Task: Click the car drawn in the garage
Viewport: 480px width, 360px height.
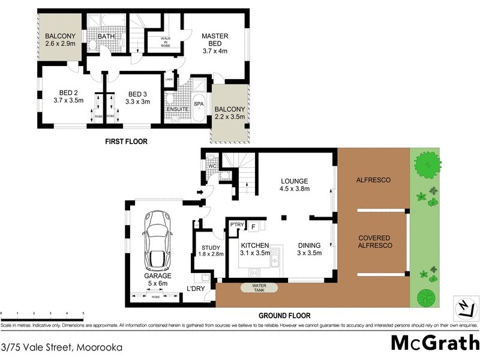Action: pos(157,241)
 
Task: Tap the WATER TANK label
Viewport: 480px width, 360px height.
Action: pos(259,288)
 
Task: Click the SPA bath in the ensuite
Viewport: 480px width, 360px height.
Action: pos(199,104)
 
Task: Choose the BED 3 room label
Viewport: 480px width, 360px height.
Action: pos(137,97)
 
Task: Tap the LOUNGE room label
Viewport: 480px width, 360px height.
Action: pos(295,185)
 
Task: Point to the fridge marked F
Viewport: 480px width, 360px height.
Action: pos(254,227)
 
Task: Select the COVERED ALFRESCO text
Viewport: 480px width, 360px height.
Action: pos(374,242)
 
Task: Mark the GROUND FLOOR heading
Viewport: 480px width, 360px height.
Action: pos(284,316)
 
